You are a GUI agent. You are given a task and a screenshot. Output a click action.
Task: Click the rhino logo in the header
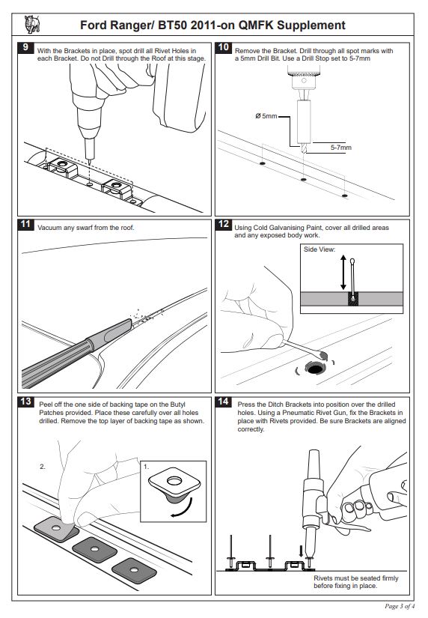click(x=32, y=25)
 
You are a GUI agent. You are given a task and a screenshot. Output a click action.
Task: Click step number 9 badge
click(x=25, y=47)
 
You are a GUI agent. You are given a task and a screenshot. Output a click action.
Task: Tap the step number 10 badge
click(x=223, y=47)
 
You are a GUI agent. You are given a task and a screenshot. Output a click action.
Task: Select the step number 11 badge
click(x=25, y=224)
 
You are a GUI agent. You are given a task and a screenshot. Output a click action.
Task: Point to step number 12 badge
click(x=223, y=224)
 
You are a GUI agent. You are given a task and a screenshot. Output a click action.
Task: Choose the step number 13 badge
click(x=25, y=402)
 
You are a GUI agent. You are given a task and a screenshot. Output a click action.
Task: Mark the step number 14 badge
click(x=223, y=402)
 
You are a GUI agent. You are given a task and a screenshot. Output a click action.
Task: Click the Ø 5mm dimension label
click(x=266, y=116)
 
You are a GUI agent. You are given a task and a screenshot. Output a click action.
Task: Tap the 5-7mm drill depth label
click(x=341, y=148)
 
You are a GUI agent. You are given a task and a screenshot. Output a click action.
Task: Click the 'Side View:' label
click(x=320, y=249)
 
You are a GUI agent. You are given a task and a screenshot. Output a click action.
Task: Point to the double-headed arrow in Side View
click(x=343, y=273)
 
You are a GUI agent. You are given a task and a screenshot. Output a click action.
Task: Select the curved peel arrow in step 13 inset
click(x=183, y=509)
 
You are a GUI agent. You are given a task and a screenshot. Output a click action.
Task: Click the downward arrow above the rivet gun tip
click(x=302, y=551)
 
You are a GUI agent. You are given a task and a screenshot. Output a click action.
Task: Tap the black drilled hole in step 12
click(x=314, y=369)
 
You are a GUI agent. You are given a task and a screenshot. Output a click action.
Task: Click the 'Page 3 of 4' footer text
click(x=400, y=606)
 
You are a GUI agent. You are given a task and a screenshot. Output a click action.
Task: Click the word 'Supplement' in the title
click(x=311, y=25)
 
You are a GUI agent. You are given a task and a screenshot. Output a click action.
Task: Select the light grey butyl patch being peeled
click(x=56, y=529)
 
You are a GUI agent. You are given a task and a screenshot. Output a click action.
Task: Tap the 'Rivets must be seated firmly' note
click(x=356, y=578)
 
